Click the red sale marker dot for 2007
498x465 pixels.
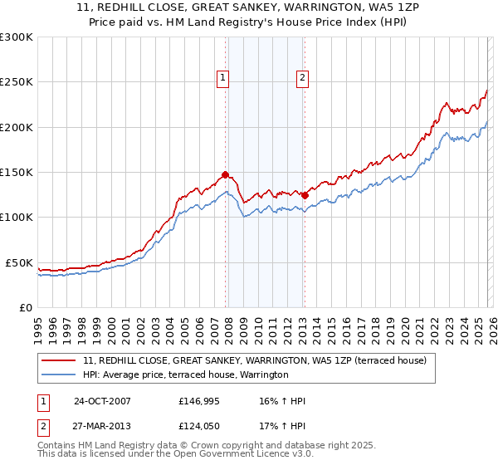tap(225, 175)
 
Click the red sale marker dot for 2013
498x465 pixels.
tap(305, 195)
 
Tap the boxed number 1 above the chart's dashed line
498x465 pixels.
tap(224, 79)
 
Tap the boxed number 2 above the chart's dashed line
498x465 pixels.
tap(302, 79)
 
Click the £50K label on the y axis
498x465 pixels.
tap(19, 262)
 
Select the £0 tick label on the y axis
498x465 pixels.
tap(26, 307)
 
